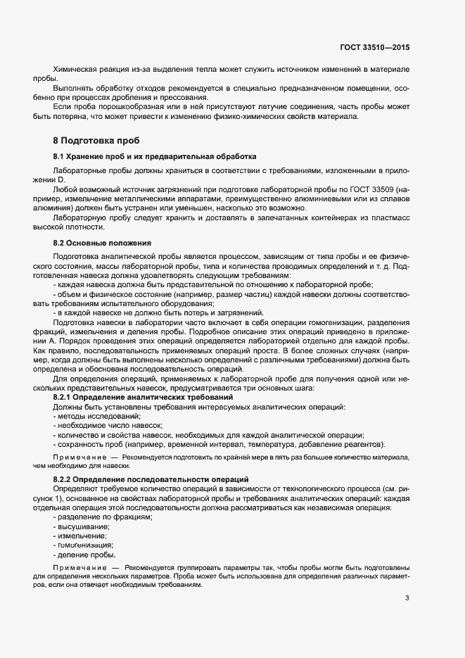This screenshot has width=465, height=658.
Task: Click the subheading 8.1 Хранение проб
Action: [x=155, y=156]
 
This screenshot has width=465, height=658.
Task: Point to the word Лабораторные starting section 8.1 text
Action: [x=78, y=171]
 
